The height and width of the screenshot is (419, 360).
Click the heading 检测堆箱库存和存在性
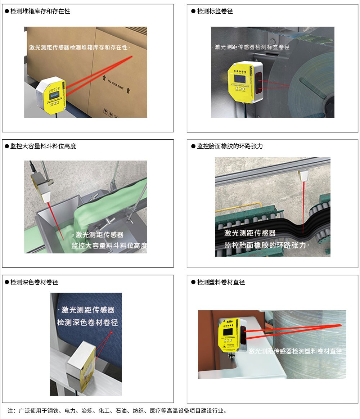[x=40, y=11]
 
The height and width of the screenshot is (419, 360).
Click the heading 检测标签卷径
[x=215, y=11]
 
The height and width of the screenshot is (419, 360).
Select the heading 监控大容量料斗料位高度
[x=43, y=146]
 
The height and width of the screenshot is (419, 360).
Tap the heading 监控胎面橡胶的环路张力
[x=230, y=146]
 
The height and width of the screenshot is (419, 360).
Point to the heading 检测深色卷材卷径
[x=34, y=282]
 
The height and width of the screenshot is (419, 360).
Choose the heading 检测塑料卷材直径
[x=221, y=282]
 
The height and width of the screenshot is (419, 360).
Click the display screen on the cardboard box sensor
[x=54, y=96]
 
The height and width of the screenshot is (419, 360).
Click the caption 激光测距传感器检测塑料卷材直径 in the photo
[x=295, y=351]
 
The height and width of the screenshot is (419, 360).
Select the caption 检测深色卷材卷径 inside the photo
[x=87, y=322]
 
